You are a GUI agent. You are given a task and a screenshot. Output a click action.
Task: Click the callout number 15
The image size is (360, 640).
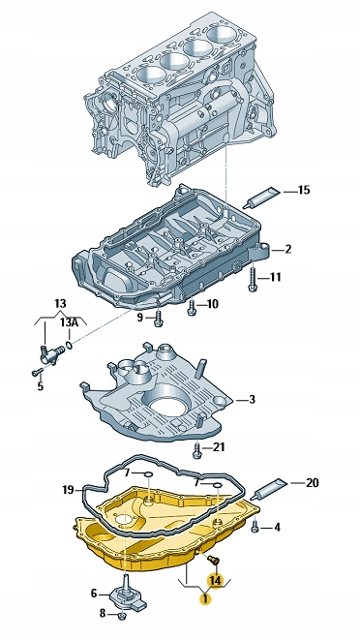pos(304,190)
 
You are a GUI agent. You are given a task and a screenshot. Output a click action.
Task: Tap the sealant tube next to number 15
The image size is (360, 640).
pos(261,198)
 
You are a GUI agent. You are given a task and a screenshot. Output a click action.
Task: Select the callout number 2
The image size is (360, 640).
pos(287,250)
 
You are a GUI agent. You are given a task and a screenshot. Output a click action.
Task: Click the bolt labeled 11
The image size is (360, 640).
pos(253,279)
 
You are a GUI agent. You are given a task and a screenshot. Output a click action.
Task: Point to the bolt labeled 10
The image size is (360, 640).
pos(191,307)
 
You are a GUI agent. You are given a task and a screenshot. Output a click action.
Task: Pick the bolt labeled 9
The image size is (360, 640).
pos(159,319)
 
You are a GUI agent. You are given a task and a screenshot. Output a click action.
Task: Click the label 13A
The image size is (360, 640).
pos(69,322)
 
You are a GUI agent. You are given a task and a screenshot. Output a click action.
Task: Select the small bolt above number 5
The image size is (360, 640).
pos(37,372)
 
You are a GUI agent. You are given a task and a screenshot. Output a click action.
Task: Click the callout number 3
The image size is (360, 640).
pos(252,399)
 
